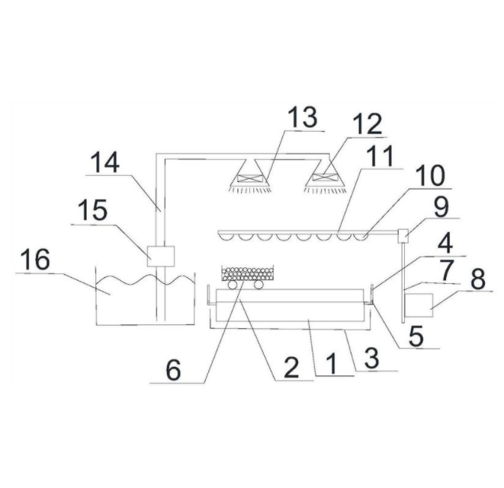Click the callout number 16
pos(35,260)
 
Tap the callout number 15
pos(92,210)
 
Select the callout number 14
pos(104,162)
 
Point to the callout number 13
pos(303,117)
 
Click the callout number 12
pos(368,123)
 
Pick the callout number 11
pos(381,156)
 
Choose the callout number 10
pos(430,175)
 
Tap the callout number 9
pos(441,207)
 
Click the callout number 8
pos(478,279)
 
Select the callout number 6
pos(174,370)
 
